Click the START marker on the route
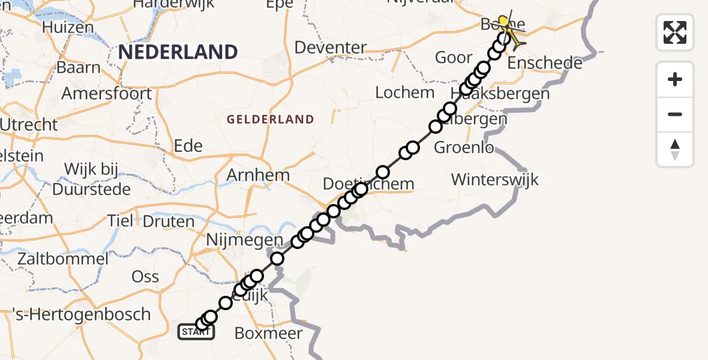196,331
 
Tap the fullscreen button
675,32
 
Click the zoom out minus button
675,114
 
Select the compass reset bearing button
675,149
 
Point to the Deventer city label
331,47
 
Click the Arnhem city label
258,175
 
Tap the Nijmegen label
244,240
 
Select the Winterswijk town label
495,179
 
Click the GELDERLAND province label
270,119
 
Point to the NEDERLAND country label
178,52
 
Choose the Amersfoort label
107,94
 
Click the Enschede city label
545,63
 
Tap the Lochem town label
405,92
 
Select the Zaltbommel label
63,259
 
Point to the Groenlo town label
464,147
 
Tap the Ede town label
188,146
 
